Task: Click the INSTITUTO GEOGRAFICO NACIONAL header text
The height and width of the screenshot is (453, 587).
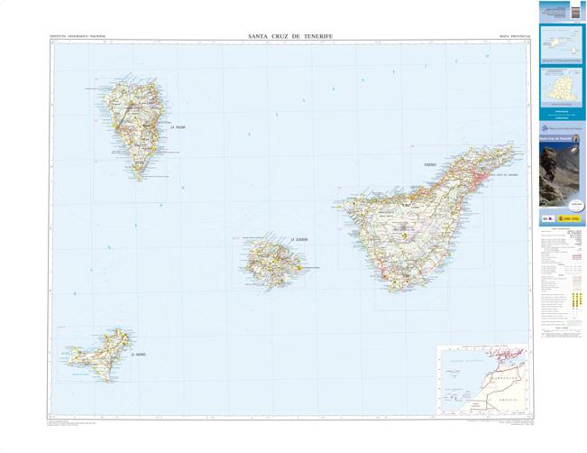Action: point(78,37)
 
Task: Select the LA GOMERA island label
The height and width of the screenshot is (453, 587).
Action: point(299,239)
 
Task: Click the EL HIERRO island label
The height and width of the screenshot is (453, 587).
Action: point(137,355)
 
